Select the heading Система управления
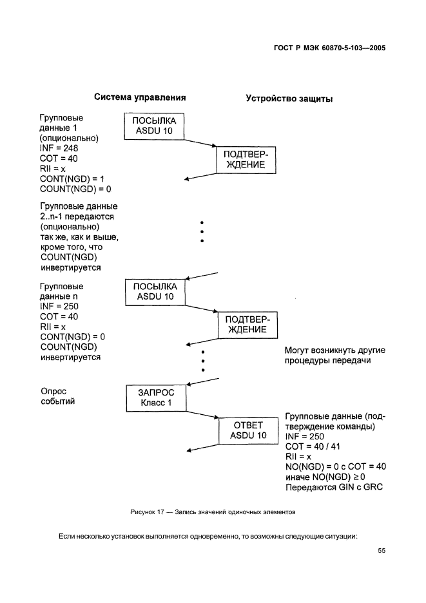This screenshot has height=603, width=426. pyautogui.click(x=140, y=98)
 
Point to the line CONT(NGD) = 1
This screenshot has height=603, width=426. pyautogui.click(x=72, y=178)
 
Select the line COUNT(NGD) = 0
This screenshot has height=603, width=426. pyautogui.click(x=76, y=189)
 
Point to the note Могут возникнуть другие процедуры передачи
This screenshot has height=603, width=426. pyautogui.click(x=334, y=356)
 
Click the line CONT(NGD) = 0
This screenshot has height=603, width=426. pyautogui.click(x=72, y=337)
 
